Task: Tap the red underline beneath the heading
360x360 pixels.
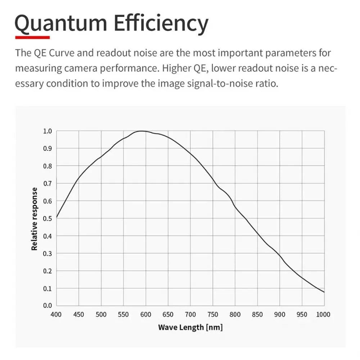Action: [32, 37]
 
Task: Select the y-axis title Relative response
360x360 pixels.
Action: [35, 219]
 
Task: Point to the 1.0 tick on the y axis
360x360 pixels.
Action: [48, 131]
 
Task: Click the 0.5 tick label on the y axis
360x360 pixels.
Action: [48, 219]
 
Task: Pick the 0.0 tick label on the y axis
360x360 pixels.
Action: [48, 306]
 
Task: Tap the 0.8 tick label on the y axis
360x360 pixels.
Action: [48, 166]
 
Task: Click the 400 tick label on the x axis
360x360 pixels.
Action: [56, 314]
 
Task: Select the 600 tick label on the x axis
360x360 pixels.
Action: [145, 314]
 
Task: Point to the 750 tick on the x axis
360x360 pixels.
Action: [213, 314]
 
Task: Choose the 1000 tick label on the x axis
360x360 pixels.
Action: [323, 314]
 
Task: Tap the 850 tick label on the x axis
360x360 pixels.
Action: [257, 314]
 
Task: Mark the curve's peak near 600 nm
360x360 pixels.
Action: [142, 131]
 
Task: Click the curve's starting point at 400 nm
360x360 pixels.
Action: [57, 218]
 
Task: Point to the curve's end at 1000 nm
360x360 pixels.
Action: [324, 292]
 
